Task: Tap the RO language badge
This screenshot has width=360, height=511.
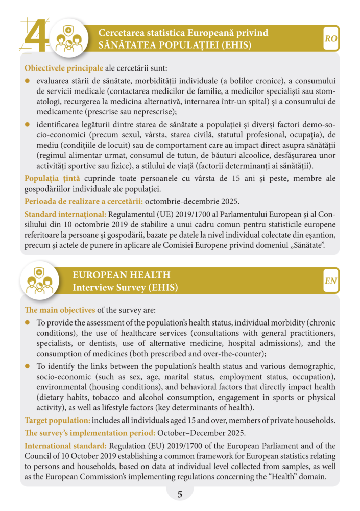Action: pyautogui.click(x=331, y=39)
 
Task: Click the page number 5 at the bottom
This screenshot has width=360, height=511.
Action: pyautogui.click(x=180, y=494)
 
